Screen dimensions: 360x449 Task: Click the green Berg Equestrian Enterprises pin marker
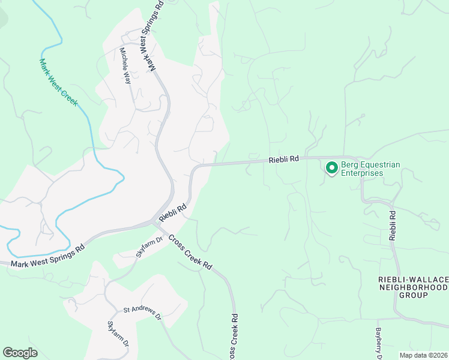point(331,168)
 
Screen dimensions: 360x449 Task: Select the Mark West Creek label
point(58,82)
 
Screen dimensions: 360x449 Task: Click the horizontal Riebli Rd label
point(284,160)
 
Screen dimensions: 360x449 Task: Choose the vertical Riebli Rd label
point(392,225)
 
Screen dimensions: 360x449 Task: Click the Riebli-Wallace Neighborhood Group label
point(414,287)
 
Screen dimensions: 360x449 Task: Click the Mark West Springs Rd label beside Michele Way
point(152,36)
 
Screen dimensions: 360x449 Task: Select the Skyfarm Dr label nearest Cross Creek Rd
point(149,247)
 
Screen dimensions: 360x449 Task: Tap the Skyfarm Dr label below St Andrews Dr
point(118,334)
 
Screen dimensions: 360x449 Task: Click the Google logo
point(20,353)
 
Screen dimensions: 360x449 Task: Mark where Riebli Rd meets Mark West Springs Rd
point(157,223)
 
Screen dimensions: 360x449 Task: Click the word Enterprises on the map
point(362,173)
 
